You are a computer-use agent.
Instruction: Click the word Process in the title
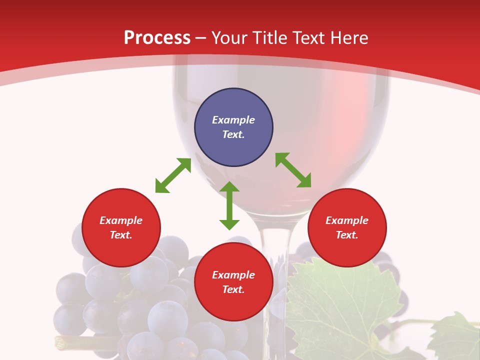pos(157,38)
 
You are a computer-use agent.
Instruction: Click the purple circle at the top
pos(233,127)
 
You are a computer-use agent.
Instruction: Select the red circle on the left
pos(121,227)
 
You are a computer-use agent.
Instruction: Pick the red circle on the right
pos(347,227)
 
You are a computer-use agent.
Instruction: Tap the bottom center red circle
pos(233,282)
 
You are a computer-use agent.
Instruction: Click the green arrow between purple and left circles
pos(173,175)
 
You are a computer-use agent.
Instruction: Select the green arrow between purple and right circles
pos(293,170)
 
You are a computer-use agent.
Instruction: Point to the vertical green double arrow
pos(229,205)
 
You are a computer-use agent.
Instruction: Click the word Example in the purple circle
pos(233,120)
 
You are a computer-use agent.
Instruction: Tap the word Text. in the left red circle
pos(121,235)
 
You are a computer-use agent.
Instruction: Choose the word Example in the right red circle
pos(347,220)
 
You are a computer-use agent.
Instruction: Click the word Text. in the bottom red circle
pos(233,289)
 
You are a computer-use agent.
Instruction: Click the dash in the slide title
pos(201,38)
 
